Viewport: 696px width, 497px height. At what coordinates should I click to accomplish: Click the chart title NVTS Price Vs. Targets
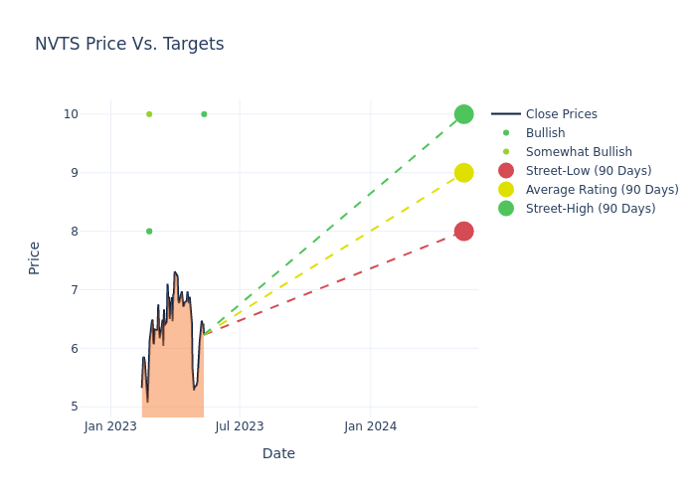point(129,44)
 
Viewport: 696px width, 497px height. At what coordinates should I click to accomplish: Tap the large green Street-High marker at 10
point(463,114)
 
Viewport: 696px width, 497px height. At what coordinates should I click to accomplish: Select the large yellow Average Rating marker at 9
point(463,173)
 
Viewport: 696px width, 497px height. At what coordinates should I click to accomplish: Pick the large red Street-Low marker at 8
point(463,232)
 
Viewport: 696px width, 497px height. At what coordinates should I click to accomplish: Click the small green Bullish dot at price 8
point(149,232)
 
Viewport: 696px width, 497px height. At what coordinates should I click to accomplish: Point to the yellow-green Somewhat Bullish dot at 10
point(149,114)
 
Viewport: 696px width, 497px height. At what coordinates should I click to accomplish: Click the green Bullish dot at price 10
point(204,114)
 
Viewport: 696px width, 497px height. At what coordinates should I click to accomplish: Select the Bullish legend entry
point(545,133)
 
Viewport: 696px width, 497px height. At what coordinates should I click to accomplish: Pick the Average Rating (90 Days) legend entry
point(602,190)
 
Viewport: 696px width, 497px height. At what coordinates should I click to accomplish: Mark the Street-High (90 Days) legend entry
point(591,209)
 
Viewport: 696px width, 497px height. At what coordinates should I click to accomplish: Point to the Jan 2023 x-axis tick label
point(110,426)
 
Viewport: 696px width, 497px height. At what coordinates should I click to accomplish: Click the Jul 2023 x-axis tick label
point(240,426)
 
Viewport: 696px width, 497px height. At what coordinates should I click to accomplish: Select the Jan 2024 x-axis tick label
point(371,426)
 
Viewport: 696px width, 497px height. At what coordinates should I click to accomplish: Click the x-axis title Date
point(278,454)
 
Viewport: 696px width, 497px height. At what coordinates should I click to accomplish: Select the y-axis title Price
point(35,257)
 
